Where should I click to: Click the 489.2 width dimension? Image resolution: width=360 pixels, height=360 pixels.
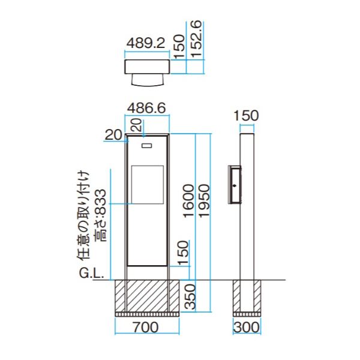click(146, 43)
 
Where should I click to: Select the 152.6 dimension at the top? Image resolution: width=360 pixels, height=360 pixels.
click(196, 39)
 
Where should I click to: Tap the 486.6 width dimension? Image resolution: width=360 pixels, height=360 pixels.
click(146, 108)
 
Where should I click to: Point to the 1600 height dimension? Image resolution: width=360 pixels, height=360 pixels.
click(189, 200)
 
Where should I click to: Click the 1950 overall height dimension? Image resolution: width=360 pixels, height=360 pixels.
click(204, 200)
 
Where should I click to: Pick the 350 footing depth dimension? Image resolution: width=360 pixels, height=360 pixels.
click(190, 296)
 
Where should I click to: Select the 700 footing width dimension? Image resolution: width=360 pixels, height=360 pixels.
click(146, 327)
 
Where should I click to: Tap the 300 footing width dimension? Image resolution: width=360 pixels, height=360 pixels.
click(247, 327)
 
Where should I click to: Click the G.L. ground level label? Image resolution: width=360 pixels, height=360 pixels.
click(91, 273)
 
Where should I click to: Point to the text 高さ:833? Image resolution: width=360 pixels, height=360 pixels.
click(101, 215)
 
